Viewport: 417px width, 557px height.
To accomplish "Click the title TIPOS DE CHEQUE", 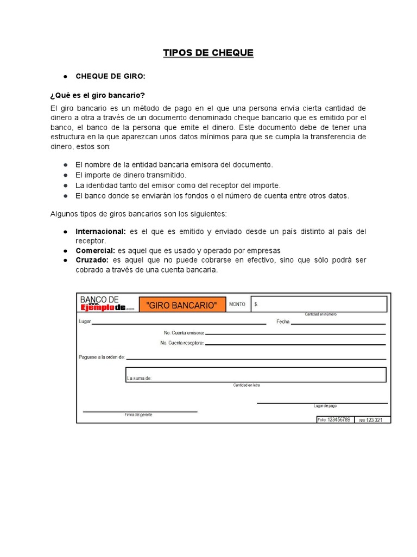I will click(x=208, y=53).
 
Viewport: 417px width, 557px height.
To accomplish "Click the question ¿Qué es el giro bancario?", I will click(x=98, y=95).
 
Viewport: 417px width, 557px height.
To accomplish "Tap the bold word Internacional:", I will click(x=100, y=231).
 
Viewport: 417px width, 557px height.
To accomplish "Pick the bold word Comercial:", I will click(x=95, y=250).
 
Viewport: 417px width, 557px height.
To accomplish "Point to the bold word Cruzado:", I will click(x=92, y=260).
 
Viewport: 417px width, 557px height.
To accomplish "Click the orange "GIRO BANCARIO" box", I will click(x=181, y=305).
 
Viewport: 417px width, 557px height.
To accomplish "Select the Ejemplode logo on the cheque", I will click(x=103, y=307).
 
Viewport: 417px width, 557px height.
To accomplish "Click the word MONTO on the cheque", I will click(x=237, y=305).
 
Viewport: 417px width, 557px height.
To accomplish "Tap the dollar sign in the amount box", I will click(x=256, y=305).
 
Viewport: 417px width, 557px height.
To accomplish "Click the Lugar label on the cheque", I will click(x=85, y=321).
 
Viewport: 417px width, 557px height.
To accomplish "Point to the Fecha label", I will click(x=283, y=321).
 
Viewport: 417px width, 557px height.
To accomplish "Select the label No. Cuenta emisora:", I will click(x=184, y=332).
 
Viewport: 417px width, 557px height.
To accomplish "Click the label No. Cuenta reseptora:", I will click(x=182, y=343).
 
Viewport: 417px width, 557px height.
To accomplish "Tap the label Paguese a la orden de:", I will click(x=102, y=357).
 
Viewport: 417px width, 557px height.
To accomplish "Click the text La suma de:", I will click(x=139, y=377).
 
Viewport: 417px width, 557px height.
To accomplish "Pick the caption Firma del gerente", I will click(x=138, y=414).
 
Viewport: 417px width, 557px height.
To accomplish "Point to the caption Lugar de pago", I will click(x=325, y=406).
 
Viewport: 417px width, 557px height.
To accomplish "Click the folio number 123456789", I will click(x=339, y=419).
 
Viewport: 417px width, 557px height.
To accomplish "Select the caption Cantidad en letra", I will click(x=247, y=385).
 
